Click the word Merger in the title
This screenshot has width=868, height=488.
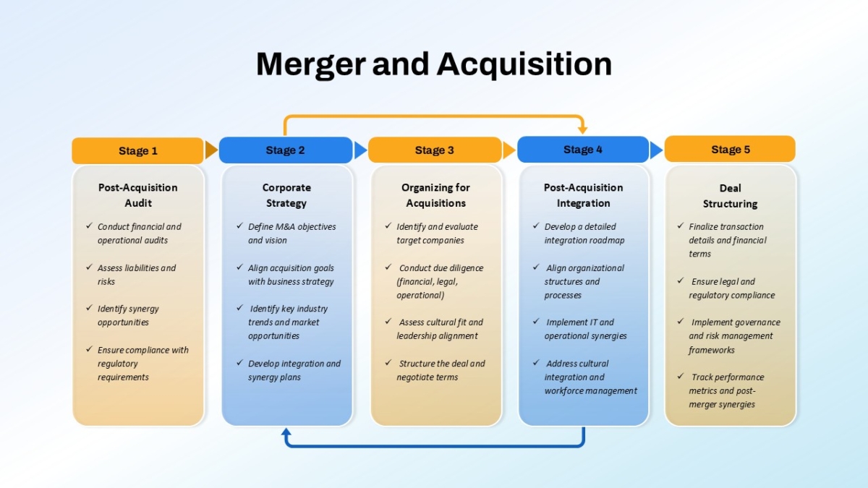tap(311, 64)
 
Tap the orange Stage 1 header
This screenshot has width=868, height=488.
tap(137, 150)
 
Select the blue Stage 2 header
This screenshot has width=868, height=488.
tap(286, 150)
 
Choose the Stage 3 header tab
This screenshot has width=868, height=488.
tap(435, 150)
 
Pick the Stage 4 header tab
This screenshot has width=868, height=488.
tap(583, 149)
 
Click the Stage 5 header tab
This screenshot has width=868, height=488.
tap(730, 149)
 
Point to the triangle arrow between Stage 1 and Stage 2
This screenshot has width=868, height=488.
tap(211, 150)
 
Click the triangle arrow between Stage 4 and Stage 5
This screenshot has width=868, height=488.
tap(656, 150)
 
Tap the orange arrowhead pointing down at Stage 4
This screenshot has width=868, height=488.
tap(582, 129)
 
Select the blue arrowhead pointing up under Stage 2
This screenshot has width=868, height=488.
tap(286, 432)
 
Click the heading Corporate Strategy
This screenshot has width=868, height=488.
tap(286, 195)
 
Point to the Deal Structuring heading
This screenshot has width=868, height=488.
tap(730, 196)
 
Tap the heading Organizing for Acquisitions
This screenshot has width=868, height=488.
tap(435, 195)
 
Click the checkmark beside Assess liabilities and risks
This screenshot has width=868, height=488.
tap(89, 267)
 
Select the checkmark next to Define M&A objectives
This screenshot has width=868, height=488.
tap(240, 226)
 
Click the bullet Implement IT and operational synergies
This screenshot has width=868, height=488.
tap(585, 329)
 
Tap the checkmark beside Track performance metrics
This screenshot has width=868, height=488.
tap(681, 376)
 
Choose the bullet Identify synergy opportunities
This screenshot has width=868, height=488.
tap(128, 315)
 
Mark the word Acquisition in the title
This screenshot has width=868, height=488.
tap(524, 64)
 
